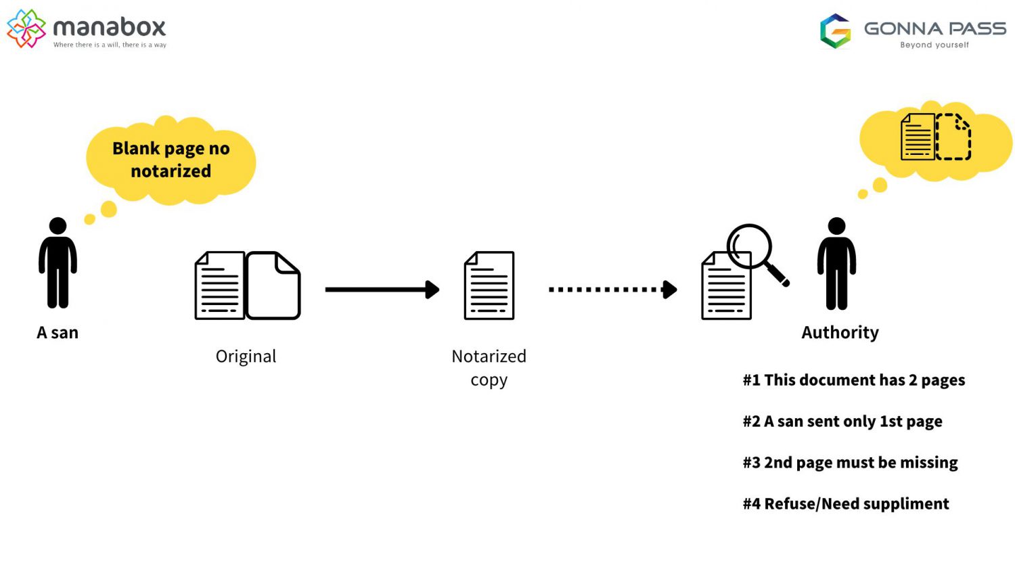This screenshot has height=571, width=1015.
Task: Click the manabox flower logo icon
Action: [x=26, y=28]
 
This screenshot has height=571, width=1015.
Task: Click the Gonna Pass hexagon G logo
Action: [x=835, y=31]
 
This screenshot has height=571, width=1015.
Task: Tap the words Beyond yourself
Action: [x=934, y=45]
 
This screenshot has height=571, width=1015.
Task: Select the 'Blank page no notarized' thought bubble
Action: [x=171, y=160]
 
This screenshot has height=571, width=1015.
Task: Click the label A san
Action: [x=58, y=332]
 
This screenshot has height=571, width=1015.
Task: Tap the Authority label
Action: [x=840, y=332]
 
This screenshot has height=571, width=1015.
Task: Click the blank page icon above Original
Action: [x=273, y=285]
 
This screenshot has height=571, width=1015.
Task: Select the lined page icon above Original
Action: [x=219, y=285]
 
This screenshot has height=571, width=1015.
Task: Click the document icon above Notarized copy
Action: [x=489, y=285]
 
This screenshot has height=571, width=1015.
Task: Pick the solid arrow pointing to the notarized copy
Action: [x=382, y=290]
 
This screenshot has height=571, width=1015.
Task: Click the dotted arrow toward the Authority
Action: [x=612, y=290]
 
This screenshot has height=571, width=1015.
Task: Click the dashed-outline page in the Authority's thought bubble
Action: [x=953, y=137]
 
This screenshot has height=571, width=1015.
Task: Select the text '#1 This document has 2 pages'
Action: [x=853, y=380]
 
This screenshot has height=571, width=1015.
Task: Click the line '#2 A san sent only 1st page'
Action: [x=842, y=421]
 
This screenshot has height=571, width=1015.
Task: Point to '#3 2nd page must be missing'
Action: [x=850, y=463]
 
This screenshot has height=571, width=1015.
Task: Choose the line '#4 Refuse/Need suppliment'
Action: [x=845, y=504]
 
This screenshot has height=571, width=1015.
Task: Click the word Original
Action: [x=246, y=357]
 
